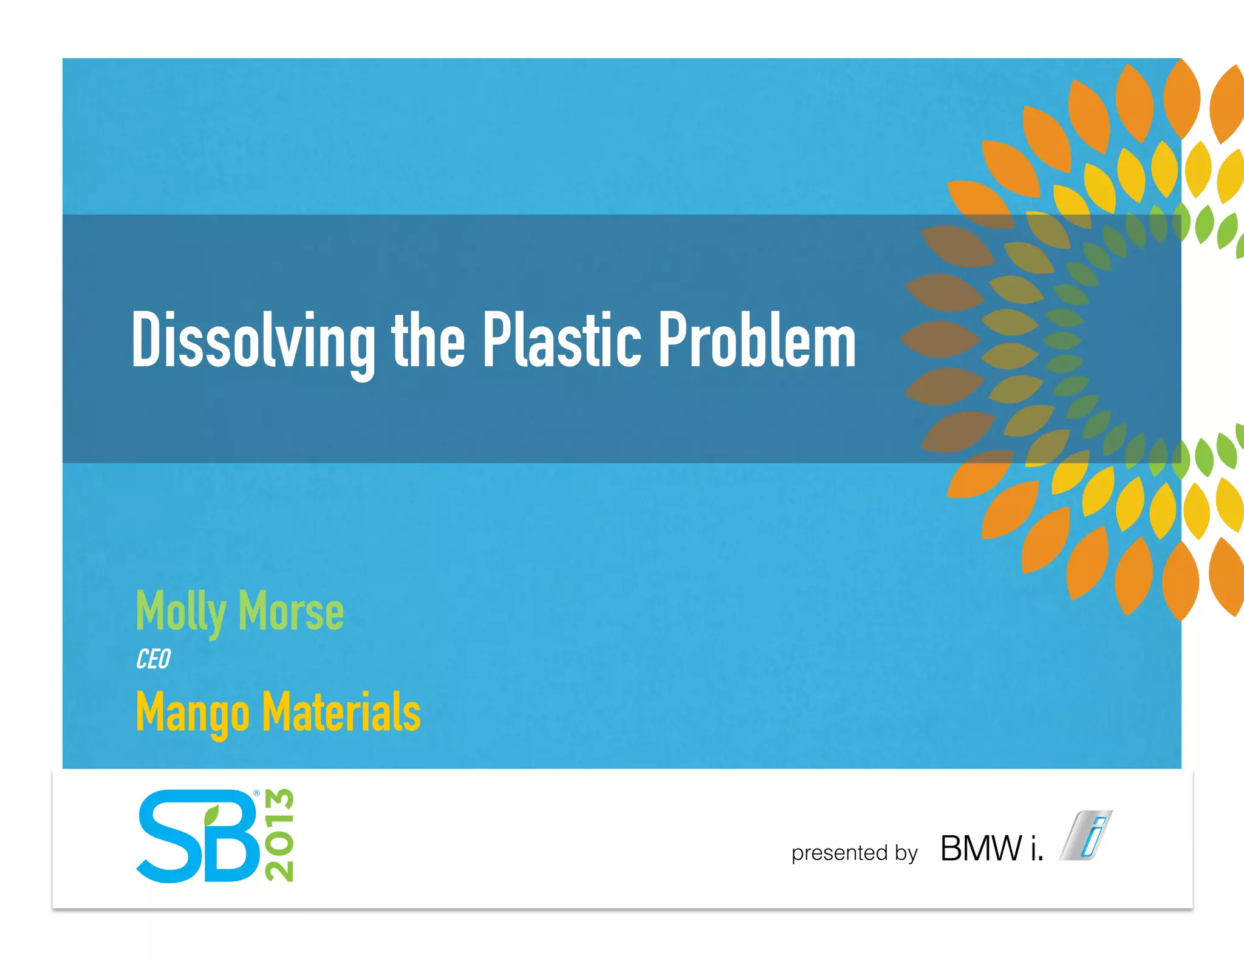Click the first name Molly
point(181,612)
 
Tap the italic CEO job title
point(153,659)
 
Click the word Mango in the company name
point(193,713)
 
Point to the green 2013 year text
point(279,836)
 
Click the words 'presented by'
point(854,853)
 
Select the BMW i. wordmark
point(991,848)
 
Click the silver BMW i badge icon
point(1086,835)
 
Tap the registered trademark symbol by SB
point(256,793)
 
